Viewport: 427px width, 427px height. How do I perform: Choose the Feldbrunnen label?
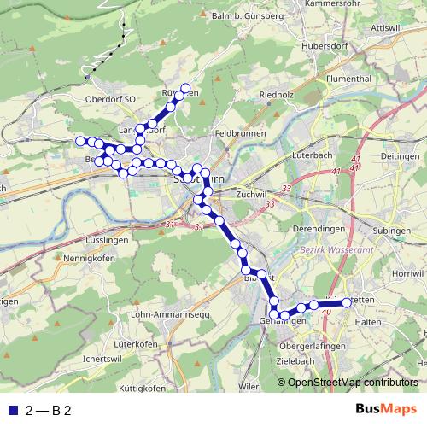click(x=242, y=134)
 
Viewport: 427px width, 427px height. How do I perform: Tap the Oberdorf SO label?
click(x=106, y=99)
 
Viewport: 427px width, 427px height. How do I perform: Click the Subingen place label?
click(x=393, y=231)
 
